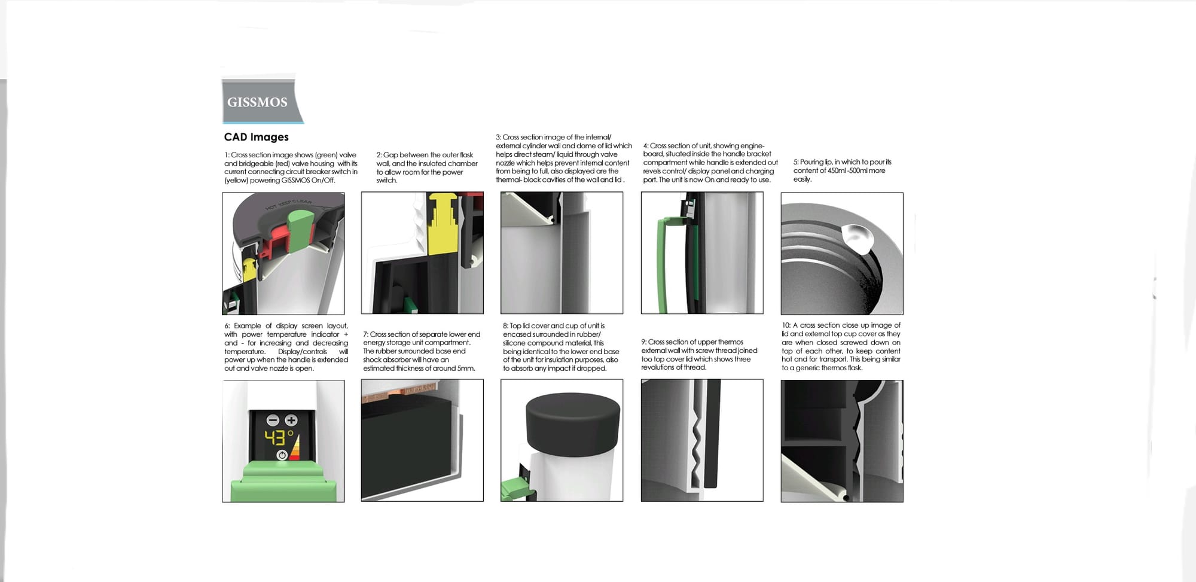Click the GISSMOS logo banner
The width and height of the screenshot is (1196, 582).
coord(261,101)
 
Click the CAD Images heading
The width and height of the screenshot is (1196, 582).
coord(256,137)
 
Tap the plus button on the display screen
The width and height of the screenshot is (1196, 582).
coord(291,420)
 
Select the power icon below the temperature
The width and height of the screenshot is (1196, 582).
coord(282,455)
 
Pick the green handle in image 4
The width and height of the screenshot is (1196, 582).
coord(663,263)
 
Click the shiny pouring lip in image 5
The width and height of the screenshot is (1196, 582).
coord(857,237)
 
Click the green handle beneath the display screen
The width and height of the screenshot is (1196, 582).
coord(284,482)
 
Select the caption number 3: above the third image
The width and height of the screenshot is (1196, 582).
coord(499,138)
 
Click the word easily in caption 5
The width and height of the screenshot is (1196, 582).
coord(803,179)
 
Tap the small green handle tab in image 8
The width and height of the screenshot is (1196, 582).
coord(514,489)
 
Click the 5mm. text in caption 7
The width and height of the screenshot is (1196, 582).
coord(466,368)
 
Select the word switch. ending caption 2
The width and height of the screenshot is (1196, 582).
coord(387,181)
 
